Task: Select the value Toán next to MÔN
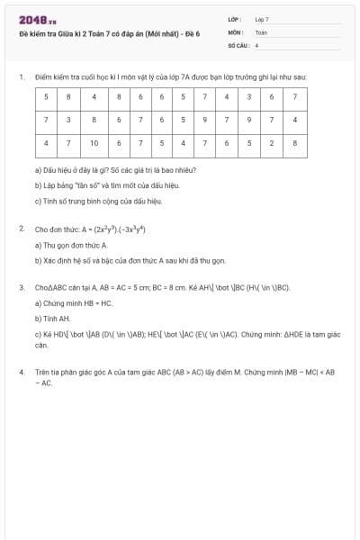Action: pyautogui.click(x=261, y=31)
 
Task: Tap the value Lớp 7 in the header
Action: pyautogui.click(x=262, y=19)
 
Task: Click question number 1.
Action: pyautogui.click(x=21, y=77)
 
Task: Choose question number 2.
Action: pyautogui.click(x=21, y=229)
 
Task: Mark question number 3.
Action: pyautogui.click(x=21, y=288)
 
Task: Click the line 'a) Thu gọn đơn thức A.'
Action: pyautogui.click(x=71, y=244)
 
